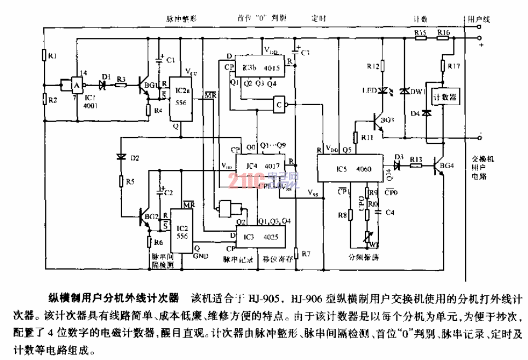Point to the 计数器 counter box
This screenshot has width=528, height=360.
pos(445,97)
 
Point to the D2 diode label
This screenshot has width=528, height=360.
pos(135,158)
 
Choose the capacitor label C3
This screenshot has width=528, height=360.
pos(305,53)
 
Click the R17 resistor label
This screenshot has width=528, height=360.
pos(454,66)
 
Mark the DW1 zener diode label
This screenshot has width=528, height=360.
pos(421,92)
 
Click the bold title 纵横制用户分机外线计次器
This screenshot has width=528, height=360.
pos(112,299)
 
